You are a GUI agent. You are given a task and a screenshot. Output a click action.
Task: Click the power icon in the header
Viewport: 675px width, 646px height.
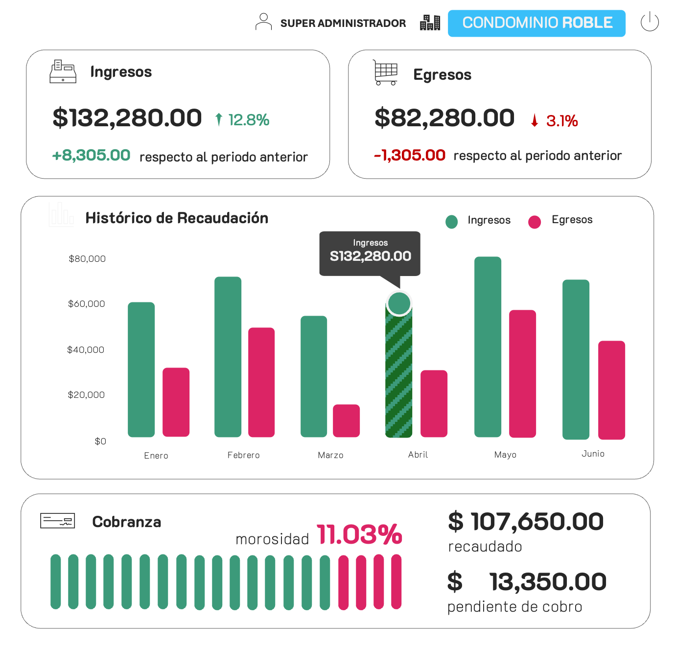(650, 22)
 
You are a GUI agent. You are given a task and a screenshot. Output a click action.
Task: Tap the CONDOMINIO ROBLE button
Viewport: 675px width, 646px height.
(536, 23)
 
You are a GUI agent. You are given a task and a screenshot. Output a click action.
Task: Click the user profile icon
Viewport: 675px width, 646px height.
(263, 22)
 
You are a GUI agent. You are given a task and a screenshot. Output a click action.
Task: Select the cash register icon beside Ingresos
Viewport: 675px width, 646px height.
(63, 71)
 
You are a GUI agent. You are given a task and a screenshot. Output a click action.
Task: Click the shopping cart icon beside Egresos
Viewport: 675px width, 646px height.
(385, 73)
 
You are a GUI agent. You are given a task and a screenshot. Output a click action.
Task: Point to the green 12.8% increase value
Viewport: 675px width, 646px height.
(248, 120)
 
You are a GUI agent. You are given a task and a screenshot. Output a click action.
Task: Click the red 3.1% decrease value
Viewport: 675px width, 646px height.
(561, 121)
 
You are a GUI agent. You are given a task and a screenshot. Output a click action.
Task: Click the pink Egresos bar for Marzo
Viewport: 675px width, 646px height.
(346, 420)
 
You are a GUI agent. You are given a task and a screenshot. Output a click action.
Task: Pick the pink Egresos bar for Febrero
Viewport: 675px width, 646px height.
(261, 382)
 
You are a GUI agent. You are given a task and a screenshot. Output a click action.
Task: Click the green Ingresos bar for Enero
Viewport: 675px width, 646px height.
(141, 369)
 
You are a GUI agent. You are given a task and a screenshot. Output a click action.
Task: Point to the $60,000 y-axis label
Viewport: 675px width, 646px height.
(87, 304)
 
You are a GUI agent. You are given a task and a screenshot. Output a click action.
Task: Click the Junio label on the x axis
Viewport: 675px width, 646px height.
(593, 454)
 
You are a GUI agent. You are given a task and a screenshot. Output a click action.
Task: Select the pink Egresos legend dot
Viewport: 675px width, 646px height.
(535, 222)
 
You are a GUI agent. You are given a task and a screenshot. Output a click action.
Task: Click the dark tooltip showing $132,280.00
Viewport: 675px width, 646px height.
(370, 253)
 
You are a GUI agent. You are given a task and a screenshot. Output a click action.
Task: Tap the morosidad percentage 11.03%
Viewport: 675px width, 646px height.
(359, 534)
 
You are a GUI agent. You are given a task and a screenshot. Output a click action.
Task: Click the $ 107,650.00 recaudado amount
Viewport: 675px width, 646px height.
(526, 522)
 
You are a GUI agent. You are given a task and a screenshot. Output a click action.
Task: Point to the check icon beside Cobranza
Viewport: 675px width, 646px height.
(58, 521)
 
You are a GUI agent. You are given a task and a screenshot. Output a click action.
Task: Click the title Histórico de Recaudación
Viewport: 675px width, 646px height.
(177, 218)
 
